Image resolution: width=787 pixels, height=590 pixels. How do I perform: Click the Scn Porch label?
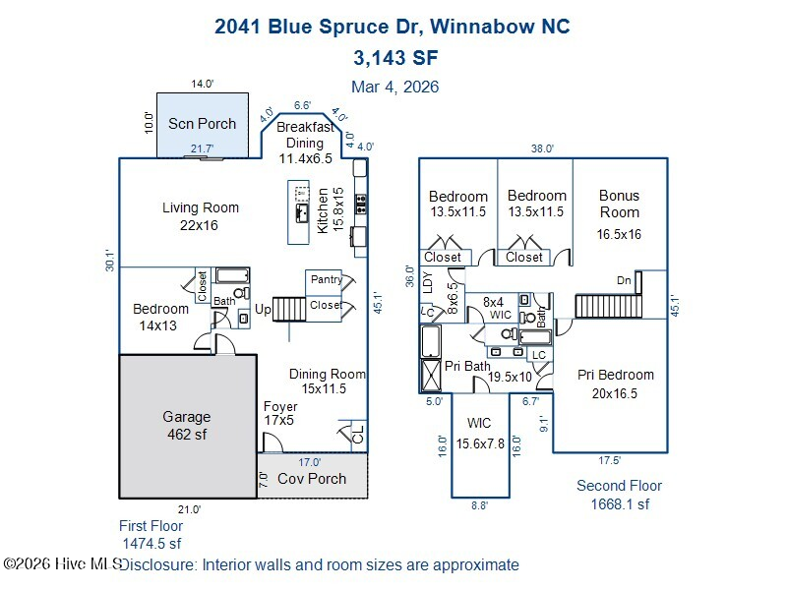click(202, 124)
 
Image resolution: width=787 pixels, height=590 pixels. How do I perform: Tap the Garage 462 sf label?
click(187, 425)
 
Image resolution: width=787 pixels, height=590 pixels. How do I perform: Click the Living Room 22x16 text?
click(201, 216)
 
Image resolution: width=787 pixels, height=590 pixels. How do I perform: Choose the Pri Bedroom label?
click(616, 383)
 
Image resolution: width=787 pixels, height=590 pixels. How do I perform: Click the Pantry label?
click(327, 280)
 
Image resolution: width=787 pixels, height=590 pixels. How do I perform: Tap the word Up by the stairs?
click(263, 310)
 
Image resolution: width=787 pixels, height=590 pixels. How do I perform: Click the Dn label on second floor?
click(624, 280)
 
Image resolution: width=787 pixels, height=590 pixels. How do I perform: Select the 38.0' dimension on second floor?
click(543, 148)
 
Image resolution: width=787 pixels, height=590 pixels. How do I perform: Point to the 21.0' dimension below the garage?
click(189, 509)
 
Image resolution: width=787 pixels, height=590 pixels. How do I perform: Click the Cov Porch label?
click(312, 479)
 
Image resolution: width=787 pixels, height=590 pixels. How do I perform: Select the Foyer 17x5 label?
click(280, 413)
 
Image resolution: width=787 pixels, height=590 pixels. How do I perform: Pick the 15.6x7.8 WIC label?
click(479, 434)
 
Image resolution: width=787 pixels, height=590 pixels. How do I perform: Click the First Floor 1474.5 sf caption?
click(151, 534)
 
